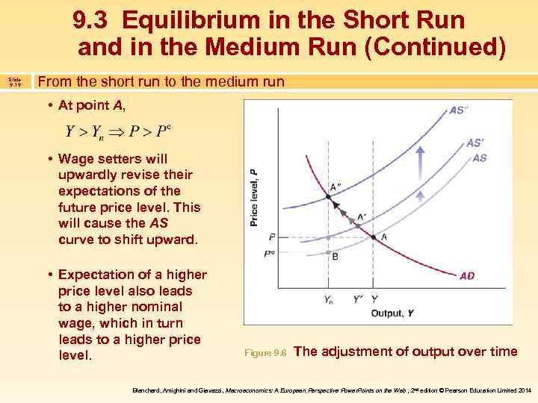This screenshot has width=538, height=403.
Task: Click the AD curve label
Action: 466,275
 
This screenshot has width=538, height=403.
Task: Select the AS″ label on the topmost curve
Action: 459,110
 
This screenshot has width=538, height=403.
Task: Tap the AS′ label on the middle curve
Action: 474,143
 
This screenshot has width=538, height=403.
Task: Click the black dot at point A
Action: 374,237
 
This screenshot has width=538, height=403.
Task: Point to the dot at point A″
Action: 327,197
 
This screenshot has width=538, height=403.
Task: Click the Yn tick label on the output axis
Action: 328,300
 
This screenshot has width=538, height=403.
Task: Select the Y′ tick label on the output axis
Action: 358,300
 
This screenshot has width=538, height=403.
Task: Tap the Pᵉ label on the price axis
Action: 270,253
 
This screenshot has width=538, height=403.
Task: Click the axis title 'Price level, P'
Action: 254,196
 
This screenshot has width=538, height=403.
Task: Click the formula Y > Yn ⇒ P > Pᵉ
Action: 119,131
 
